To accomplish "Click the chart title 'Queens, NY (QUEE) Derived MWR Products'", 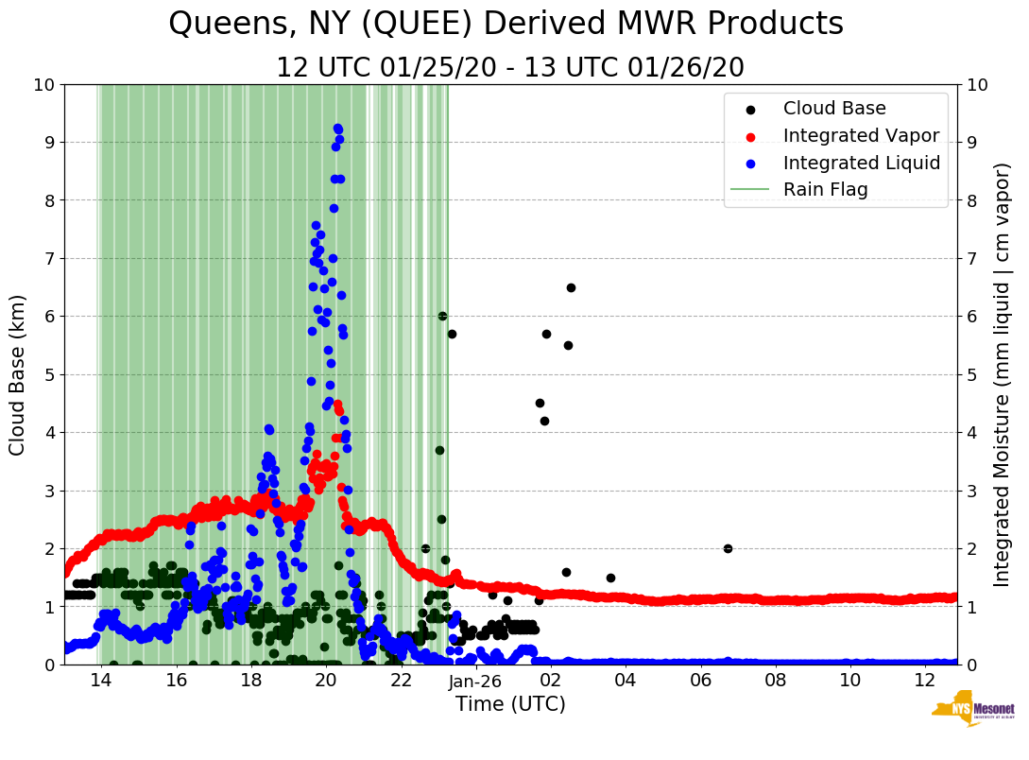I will pos(506,25).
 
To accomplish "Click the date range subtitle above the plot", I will pos(510,68).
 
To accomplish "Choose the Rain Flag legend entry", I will pos(825,189).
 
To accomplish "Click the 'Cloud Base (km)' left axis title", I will pos(18,374).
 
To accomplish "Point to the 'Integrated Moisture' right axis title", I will pos(1003,374).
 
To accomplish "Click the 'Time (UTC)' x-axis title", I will pos(510,704).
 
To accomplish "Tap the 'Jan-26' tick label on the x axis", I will pos(475,681).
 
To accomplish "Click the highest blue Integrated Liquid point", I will pos(337,129).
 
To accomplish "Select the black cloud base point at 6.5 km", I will pos(571,287).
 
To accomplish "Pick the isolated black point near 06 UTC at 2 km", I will pos(728,548).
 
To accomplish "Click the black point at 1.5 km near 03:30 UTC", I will pos(610,578).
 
